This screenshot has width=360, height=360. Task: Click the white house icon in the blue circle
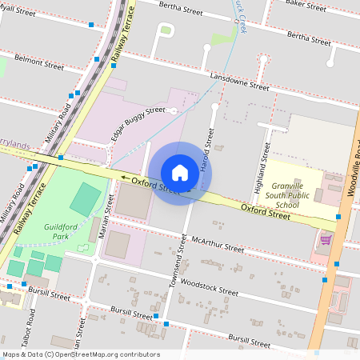coord(180,173)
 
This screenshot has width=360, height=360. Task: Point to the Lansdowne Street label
coord(239,81)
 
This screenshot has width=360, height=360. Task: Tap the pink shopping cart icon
coord(326,239)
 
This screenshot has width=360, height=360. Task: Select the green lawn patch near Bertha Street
coord(166,30)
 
